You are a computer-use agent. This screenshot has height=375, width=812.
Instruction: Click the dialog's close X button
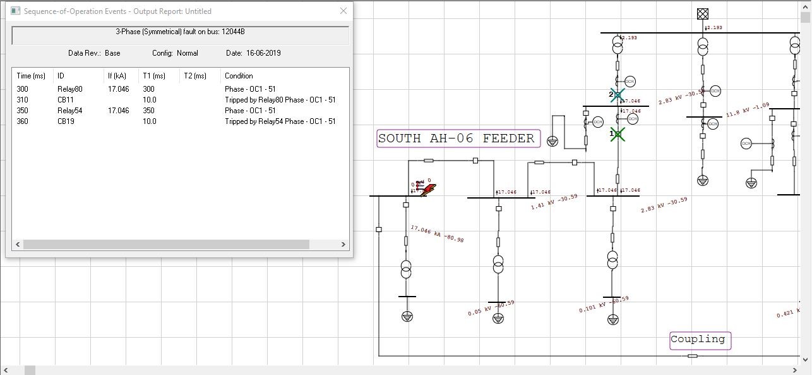(x=343, y=11)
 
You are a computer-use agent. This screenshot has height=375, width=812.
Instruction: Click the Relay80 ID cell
(x=69, y=89)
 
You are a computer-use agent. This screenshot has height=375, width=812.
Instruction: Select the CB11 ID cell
(x=66, y=100)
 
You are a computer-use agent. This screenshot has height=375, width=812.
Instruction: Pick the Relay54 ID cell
(x=69, y=111)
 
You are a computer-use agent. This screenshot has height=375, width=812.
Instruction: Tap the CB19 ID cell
(x=66, y=121)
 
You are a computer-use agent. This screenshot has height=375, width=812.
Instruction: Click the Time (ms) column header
(x=31, y=76)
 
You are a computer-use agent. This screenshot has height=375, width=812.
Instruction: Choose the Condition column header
(x=239, y=76)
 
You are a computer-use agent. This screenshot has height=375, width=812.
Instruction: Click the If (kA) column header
(x=117, y=76)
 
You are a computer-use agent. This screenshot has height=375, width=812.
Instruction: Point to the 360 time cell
(x=23, y=121)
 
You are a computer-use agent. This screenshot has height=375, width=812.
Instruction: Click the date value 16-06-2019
(x=263, y=53)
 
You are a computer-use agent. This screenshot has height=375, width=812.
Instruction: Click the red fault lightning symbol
(x=429, y=189)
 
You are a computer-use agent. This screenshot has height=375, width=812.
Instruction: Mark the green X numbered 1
(x=618, y=134)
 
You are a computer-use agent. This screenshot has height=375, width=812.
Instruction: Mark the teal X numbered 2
(x=618, y=95)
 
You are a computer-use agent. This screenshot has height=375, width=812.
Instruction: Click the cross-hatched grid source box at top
(x=703, y=13)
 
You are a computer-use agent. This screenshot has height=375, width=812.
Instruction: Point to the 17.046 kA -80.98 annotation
(x=437, y=234)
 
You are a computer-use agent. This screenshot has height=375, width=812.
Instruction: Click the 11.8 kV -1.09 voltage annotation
(x=748, y=110)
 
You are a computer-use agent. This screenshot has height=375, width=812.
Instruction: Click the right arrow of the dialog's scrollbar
(x=343, y=244)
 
